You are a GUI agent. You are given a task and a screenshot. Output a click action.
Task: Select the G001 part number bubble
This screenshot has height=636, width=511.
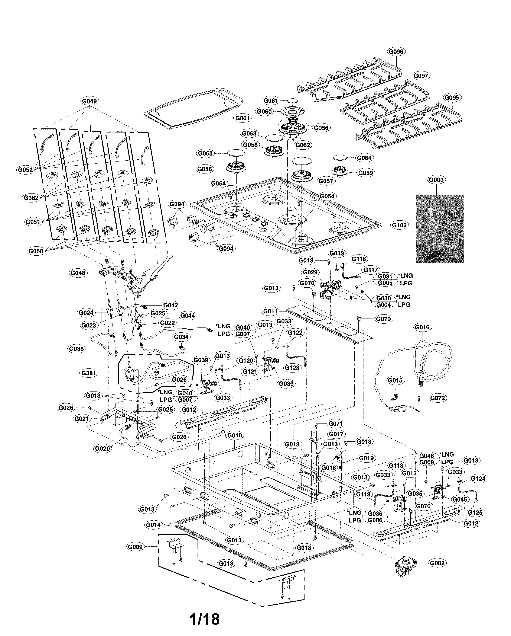pos(242,118)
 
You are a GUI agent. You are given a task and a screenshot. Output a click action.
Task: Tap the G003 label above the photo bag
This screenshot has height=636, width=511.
pos(436,180)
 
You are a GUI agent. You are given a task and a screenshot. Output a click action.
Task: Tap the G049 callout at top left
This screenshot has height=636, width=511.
pos(89,101)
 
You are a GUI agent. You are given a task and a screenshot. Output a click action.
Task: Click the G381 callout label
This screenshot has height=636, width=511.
pos(89,373)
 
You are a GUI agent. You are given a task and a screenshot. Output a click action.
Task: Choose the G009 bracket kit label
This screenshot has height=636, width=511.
pos(135,547)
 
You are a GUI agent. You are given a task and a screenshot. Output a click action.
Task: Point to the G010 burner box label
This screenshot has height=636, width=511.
pos(235,435)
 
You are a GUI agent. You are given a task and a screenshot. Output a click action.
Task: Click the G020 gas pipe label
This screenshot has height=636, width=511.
pos(102,448)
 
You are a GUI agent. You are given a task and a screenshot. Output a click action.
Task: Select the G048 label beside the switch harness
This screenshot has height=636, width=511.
pos(78,273)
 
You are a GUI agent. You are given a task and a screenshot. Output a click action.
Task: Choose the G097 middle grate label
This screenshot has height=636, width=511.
pos(420,76)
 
